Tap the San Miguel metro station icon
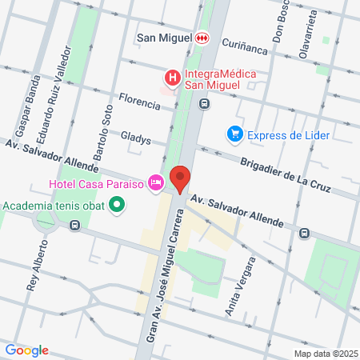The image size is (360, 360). (x=202, y=37)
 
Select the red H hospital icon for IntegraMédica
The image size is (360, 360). (x=171, y=78)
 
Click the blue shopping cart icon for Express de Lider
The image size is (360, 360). (x=234, y=134)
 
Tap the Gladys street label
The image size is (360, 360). (x=135, y=139)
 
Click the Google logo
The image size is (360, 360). (x=26, y=350)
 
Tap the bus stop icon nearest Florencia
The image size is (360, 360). (x=205, y=103)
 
